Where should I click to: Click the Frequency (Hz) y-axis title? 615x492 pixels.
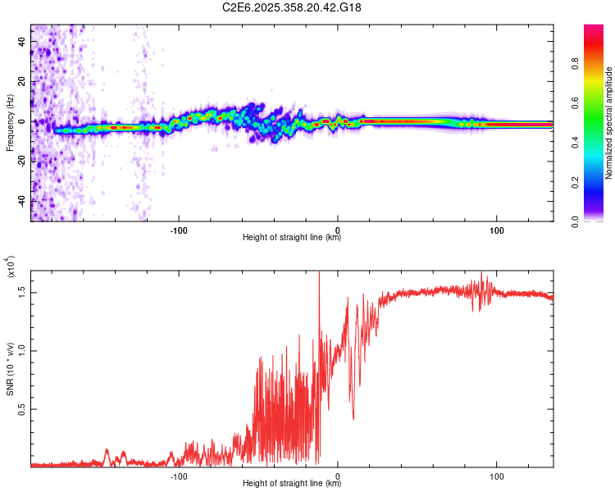[x=10, y=123]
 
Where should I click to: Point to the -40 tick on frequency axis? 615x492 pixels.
[x=21, y=201]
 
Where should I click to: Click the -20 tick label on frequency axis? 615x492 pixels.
[x=21, y=162]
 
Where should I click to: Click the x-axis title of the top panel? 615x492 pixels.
[x=292, y=239]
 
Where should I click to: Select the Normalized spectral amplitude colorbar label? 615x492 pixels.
[x=609, y=123]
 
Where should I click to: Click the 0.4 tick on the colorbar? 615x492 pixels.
[x=599, y=142]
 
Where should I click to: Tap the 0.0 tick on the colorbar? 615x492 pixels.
[x=599, y=221]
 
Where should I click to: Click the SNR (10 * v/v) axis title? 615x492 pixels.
[x=10, y=366]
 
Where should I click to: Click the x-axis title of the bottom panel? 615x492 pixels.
[x=292, y=485]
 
